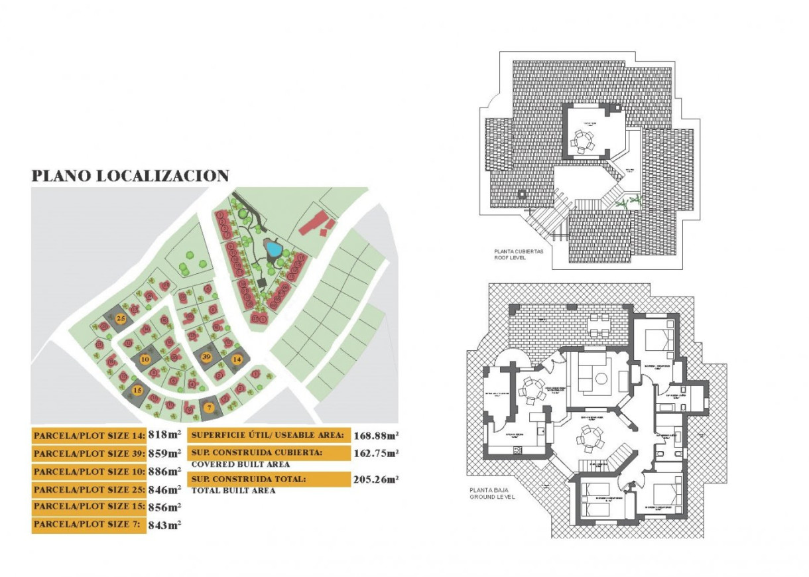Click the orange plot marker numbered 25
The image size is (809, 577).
pos(121,318)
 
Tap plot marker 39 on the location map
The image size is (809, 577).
pos(206,357)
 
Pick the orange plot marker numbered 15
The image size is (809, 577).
pos(137,391)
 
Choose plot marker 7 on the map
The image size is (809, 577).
pos(209,408)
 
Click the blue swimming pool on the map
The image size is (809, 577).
pos(273,249)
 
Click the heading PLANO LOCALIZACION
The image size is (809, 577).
pos(131,176)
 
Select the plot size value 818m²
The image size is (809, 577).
pos(164,436)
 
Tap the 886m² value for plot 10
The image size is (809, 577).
pos(164,472)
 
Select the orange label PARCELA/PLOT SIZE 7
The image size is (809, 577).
pos(88,525)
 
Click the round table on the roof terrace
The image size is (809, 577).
pos(583,141)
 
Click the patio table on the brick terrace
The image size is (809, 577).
pos(599,325)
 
